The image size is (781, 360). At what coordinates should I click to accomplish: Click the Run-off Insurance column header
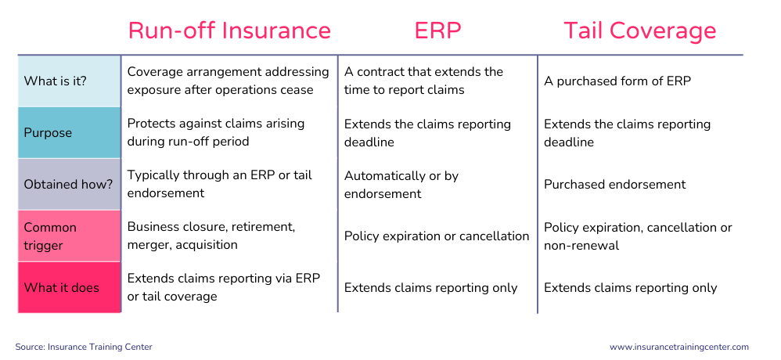point(229,31)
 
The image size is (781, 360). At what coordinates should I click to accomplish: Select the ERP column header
point(437,31)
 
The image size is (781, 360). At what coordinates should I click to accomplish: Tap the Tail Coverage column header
point(640,31)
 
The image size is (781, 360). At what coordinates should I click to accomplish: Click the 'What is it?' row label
point(56,81)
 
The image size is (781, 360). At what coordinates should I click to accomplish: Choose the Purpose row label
point(48,133)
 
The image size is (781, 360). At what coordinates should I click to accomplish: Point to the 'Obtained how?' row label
point(69,184)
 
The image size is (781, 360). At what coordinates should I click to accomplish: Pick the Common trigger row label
point(50,236)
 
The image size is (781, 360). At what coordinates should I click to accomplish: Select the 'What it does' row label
point(62,287)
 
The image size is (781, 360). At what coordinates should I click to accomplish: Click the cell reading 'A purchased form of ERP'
point(617,81)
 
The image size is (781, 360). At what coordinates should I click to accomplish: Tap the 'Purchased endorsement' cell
point(614,184)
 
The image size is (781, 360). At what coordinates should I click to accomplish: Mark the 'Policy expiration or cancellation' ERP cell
point(437,236)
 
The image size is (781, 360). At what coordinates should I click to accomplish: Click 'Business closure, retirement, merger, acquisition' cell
point(211,236)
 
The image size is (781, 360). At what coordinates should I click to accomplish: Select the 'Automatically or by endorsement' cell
point(401,184)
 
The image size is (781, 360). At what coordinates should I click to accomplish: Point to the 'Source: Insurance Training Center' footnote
point(84,347)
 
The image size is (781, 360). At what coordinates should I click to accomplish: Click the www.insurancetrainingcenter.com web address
point(679,347)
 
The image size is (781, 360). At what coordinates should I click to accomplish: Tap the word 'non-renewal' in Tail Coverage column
point(581,245)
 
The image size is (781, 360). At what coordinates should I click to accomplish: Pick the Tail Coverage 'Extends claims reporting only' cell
point(631,287)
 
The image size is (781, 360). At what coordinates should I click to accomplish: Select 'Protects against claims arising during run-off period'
point(216,132)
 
